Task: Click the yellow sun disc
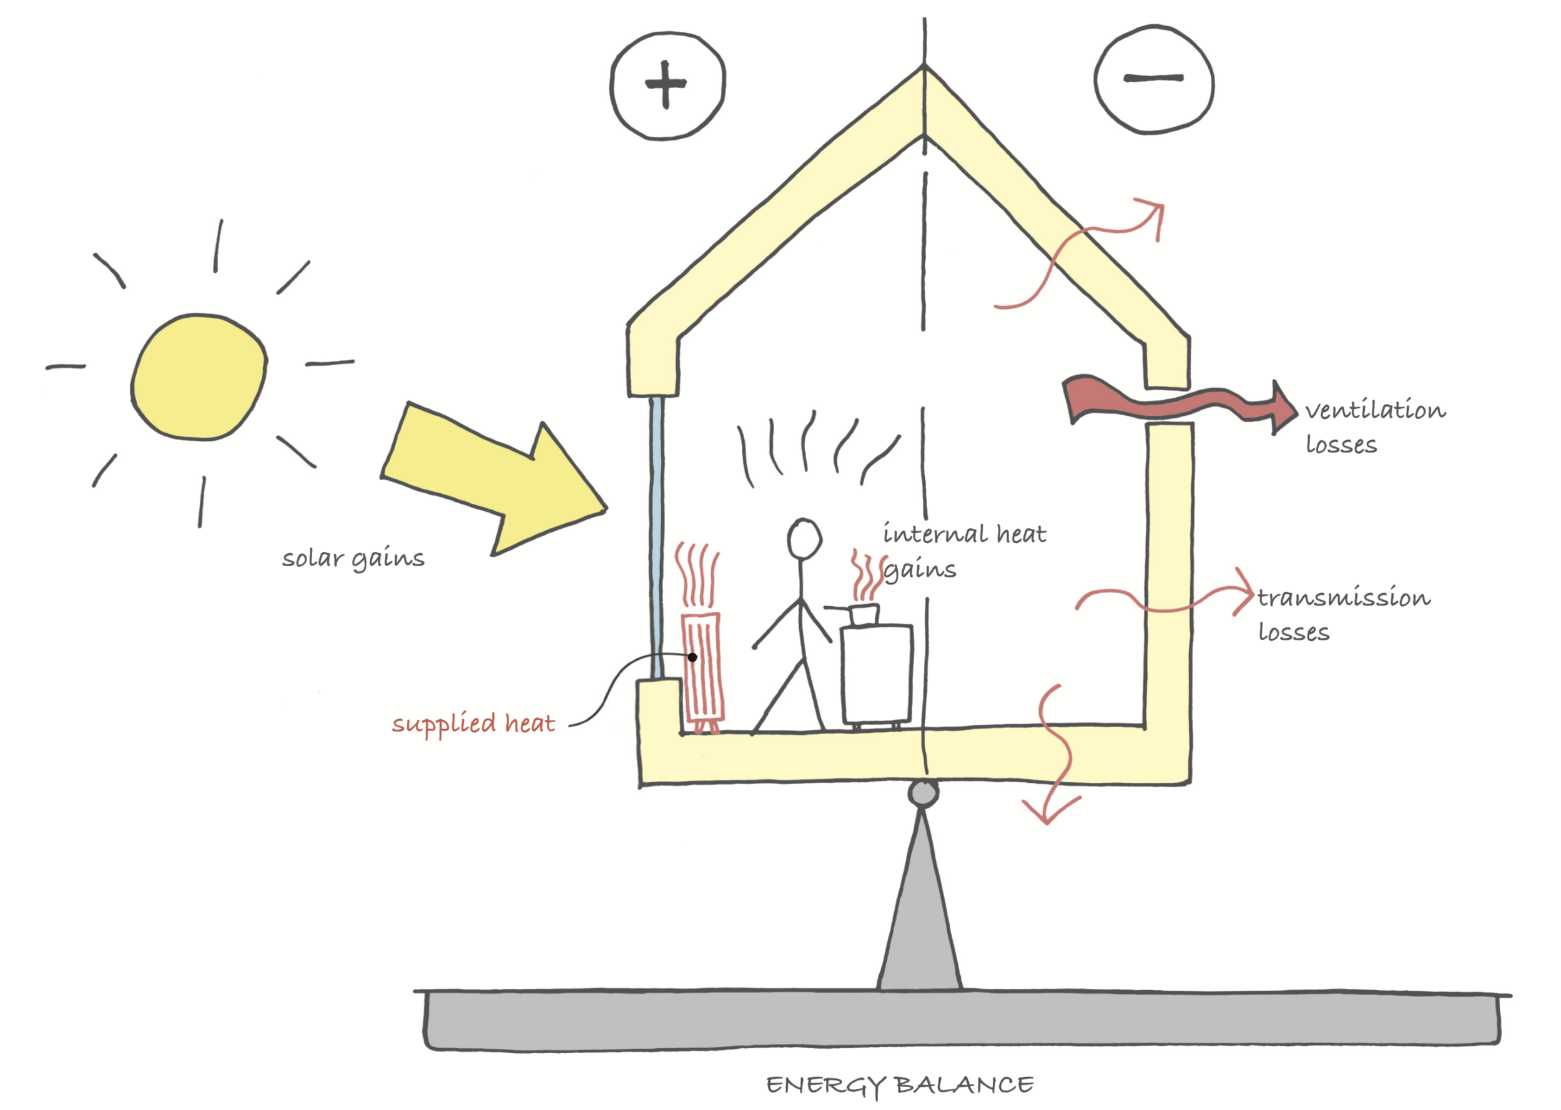[198, 376]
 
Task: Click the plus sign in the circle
[666, 85]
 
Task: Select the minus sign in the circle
[1154, 79]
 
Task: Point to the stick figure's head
[804, 539]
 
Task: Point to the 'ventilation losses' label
[1374, 427]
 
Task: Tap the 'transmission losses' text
[1342, 614]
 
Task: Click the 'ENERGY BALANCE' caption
[899, 1084]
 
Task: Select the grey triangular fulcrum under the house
[920, 923]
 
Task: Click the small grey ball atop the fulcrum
[923, 793]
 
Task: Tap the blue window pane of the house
[656, 533]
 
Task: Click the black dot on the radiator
[692, 657]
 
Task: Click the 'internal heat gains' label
[963, 551]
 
